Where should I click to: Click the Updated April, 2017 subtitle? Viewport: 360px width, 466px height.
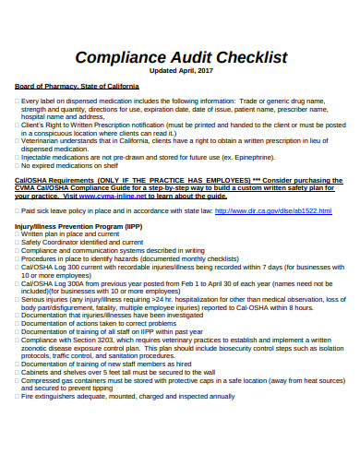pyautogui.click(x=182, y=70)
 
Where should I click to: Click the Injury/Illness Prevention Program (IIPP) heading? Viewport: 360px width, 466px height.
pyautogui.click(x=78, y=225)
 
